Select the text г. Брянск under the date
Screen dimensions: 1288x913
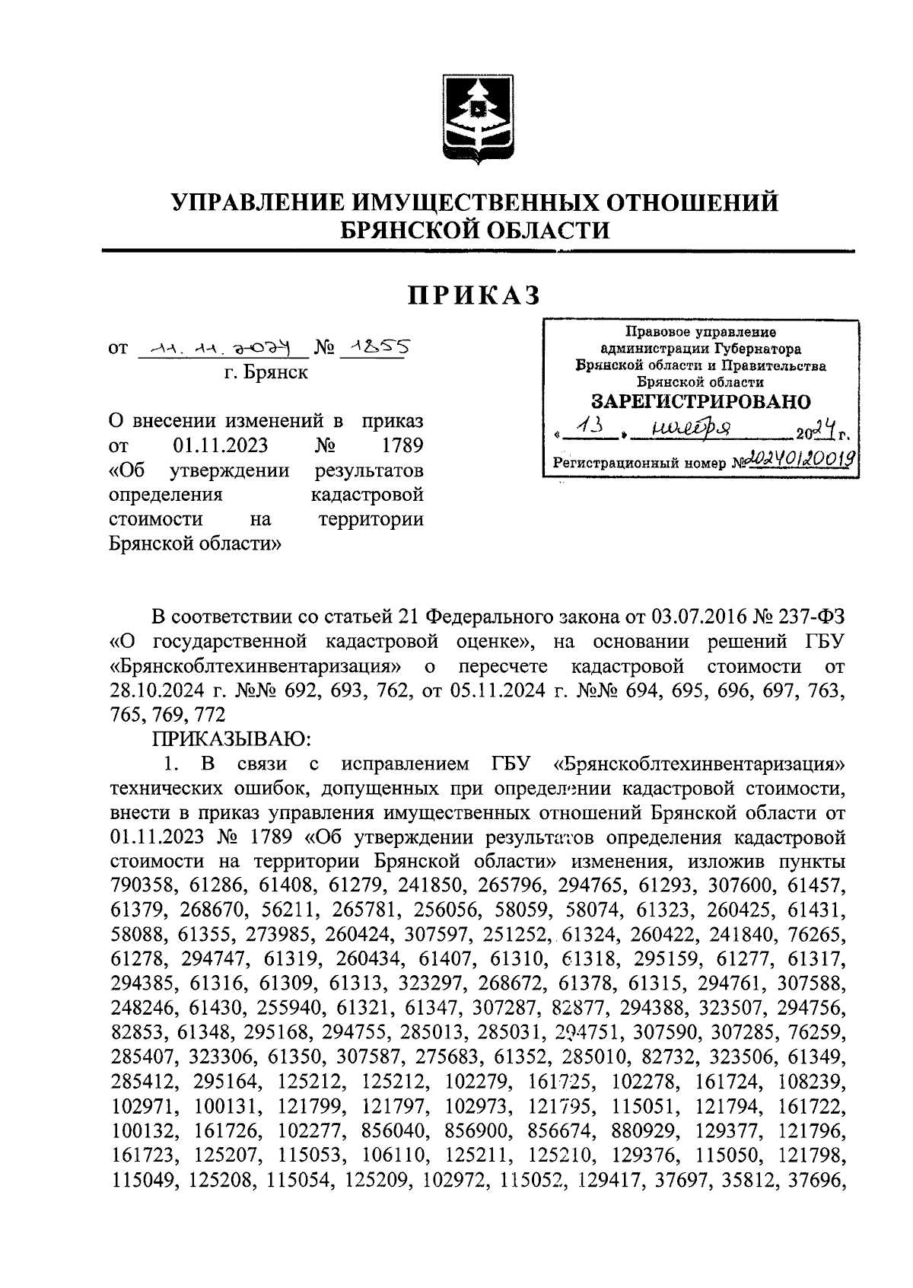[x=266, y=374]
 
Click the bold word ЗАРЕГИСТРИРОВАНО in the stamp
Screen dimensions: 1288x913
[x=701, y=401]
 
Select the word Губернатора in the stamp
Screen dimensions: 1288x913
[x=754, y=349]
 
